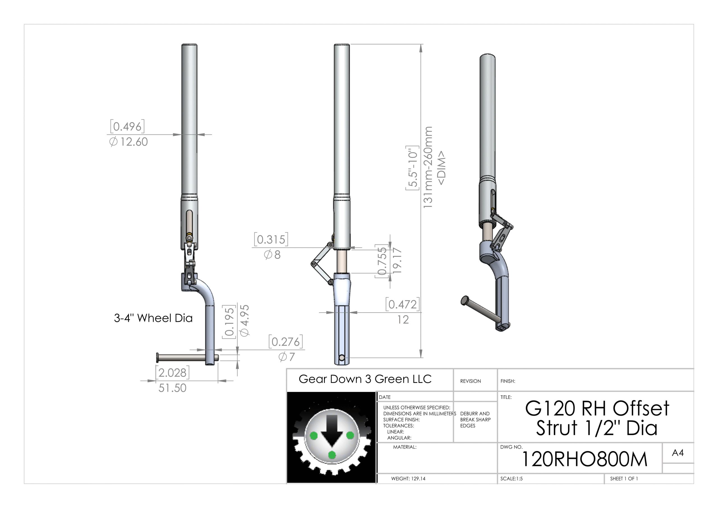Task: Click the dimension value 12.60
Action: point(134,142)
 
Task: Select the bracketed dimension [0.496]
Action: point(127,127)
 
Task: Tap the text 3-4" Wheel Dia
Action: point(153,318)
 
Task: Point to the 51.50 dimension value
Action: point(172,388)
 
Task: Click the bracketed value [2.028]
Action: point(172,373)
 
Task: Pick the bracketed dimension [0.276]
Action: point(286,342)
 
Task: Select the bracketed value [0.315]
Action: point(271,239)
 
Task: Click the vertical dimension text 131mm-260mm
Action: point(428,167)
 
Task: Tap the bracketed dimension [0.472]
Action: point(402,304)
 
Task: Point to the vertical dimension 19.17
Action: point(397,261)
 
